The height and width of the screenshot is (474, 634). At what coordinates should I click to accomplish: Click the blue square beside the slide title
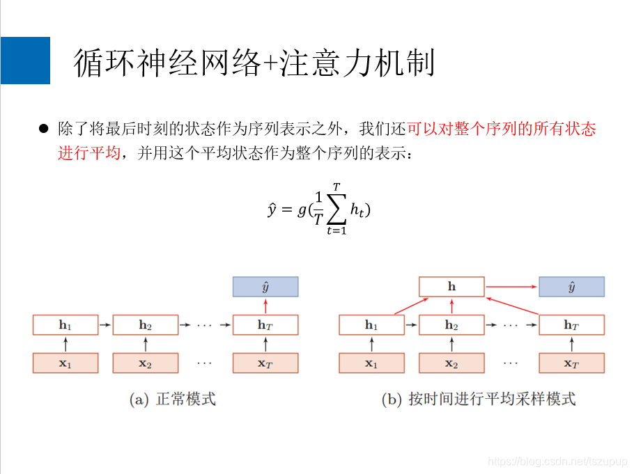pyautogui.click(x=25, y=61)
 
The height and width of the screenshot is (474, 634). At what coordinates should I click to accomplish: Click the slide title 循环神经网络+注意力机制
pyautogui.click(x=254, y=63)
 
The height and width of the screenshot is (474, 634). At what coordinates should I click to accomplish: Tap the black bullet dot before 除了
pyautogui.click(x=44, y=129)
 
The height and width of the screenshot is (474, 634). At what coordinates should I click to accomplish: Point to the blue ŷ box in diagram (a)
pyautogui.click(x=265, y=287)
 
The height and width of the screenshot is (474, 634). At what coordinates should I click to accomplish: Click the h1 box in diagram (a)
pyautogui.click(x=65, y=325)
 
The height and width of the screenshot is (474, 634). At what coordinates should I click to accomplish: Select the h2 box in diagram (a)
pyautogui.click(x=145, y=325)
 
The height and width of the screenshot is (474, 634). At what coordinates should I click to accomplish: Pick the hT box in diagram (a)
pyautogui.click(x=265, y=325)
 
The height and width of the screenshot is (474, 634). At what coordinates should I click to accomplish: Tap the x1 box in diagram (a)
pyautogui.click(x=65, y=363)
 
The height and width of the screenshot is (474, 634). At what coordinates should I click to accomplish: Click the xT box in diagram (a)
pyautogui.click(x=265, y=363)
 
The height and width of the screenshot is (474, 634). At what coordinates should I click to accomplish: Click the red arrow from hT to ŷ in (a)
pyautogui.click(x=265, y=306)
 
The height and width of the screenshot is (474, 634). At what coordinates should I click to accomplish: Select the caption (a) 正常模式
pyautogui.click(x=173, y=399)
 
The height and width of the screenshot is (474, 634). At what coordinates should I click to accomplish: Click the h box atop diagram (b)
pyautogui.click(x=451, y=287)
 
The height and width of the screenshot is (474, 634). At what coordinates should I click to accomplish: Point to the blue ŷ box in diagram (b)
pyautogui.click(x=572, y=287)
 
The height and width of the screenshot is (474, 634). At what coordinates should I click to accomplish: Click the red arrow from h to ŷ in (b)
pyautogui.click(x=511, y=287)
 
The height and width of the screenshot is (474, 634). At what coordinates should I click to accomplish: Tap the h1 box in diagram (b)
pyautogui.click(x=371, y=325)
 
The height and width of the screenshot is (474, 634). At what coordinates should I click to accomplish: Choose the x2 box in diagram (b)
pyautogui.click(x=451, y=363)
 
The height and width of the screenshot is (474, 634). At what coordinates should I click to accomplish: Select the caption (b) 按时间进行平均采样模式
pyautogui.click(x=479, y=399)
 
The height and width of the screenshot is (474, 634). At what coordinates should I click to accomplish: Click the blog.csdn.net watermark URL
pyautogui.click(x=557, y=461)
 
